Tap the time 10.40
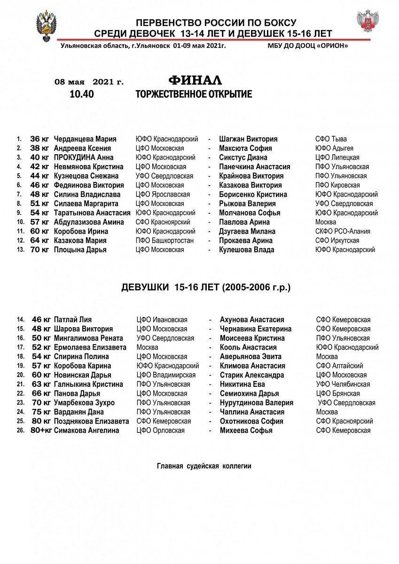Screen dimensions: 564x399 pos(82,94)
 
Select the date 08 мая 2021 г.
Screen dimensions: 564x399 pos(89,82)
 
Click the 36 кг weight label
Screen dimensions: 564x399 pos(39,139)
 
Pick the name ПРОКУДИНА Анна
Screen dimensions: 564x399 pos(84,157)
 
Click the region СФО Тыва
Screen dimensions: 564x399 pos(331,139)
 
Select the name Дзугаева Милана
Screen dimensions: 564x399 pos(247,231)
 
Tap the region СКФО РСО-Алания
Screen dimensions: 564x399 pos(343,231)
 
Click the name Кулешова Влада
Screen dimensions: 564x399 pos(247,250)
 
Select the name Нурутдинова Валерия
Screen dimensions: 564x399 pos(257,403)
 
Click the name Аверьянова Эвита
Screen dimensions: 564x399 pos(251,357)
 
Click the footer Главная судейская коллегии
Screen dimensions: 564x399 pos(204,466)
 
